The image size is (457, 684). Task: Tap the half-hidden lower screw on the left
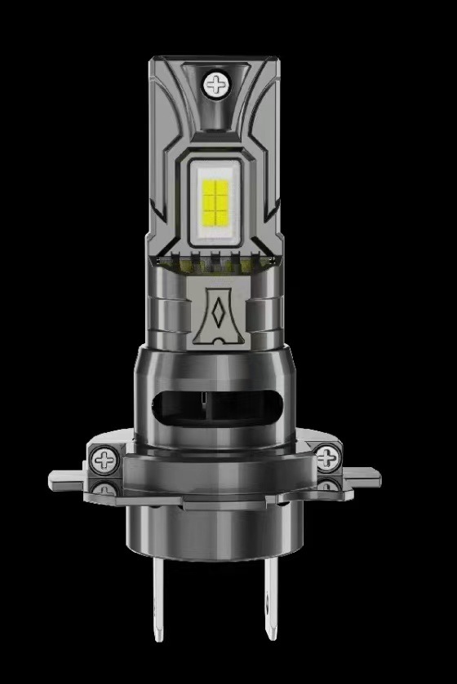[106, 490]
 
